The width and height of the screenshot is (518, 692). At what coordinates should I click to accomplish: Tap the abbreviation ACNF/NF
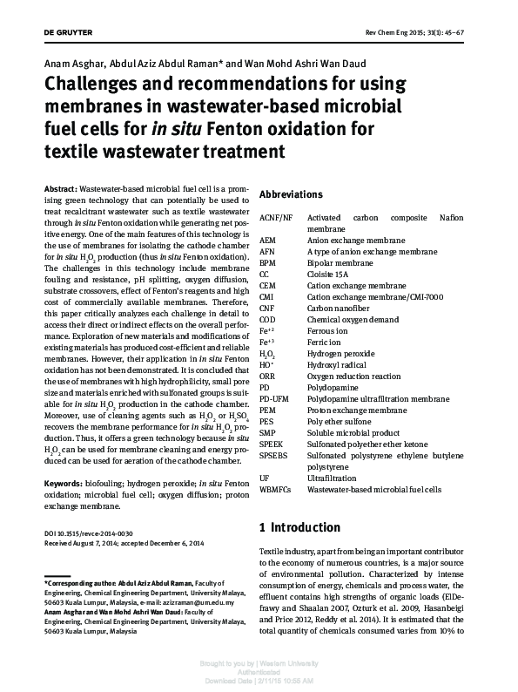(x=277, y=217)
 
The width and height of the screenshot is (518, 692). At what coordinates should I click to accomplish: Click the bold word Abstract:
(x=59, y=188)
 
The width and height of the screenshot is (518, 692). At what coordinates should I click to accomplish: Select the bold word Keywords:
(x=64, y=482)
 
